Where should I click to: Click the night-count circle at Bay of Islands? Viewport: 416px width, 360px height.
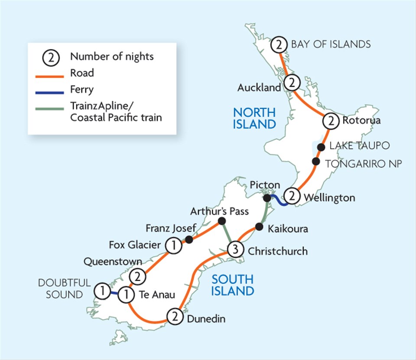279,44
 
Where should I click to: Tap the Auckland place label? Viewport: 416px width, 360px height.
259,88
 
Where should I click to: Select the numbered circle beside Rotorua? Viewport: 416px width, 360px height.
331,121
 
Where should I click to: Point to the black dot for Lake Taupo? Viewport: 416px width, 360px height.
321,147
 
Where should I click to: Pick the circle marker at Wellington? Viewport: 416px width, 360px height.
293,196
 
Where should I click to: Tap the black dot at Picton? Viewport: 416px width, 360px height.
268,198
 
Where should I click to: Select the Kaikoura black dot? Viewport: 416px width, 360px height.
259,227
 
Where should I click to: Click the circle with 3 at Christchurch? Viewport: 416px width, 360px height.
235,249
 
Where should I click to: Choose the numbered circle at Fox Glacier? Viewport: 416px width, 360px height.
173,245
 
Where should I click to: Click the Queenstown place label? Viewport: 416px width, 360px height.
113,262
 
